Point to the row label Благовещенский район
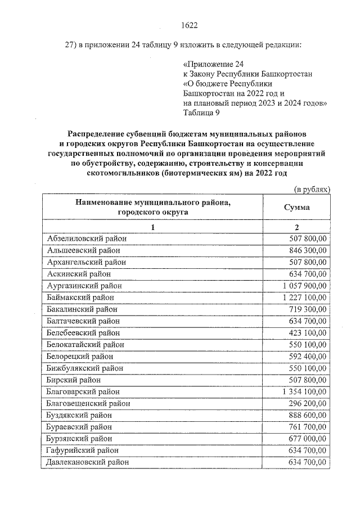[x=88, y=403]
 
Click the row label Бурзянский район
[x=80, y=439]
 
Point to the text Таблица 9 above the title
[x=201, y=112]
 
